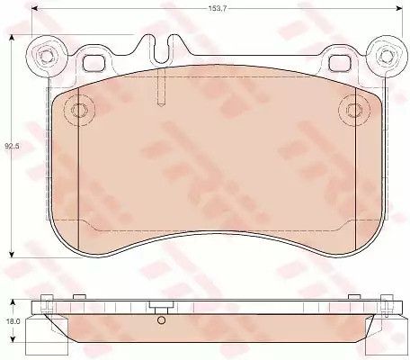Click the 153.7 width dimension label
[218, 8]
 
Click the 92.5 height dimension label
[12, 147]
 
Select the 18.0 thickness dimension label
[13, 321]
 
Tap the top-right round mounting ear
[387, 57]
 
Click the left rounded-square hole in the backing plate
[94, 63]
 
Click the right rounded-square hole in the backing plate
[340, 63]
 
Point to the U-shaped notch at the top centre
[162, 49]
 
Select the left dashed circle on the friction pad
[79, 110]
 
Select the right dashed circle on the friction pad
[354, 110]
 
